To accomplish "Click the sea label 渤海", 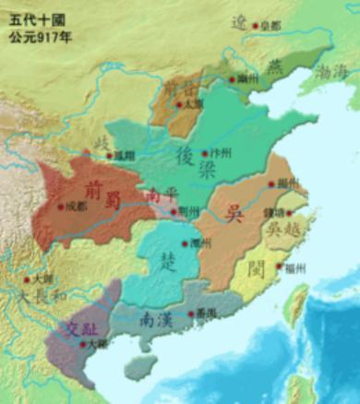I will coord(331,70).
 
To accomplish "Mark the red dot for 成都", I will coord(62,207).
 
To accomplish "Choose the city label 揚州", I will coord(287,184).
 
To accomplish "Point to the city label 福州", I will coord(295,267).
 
